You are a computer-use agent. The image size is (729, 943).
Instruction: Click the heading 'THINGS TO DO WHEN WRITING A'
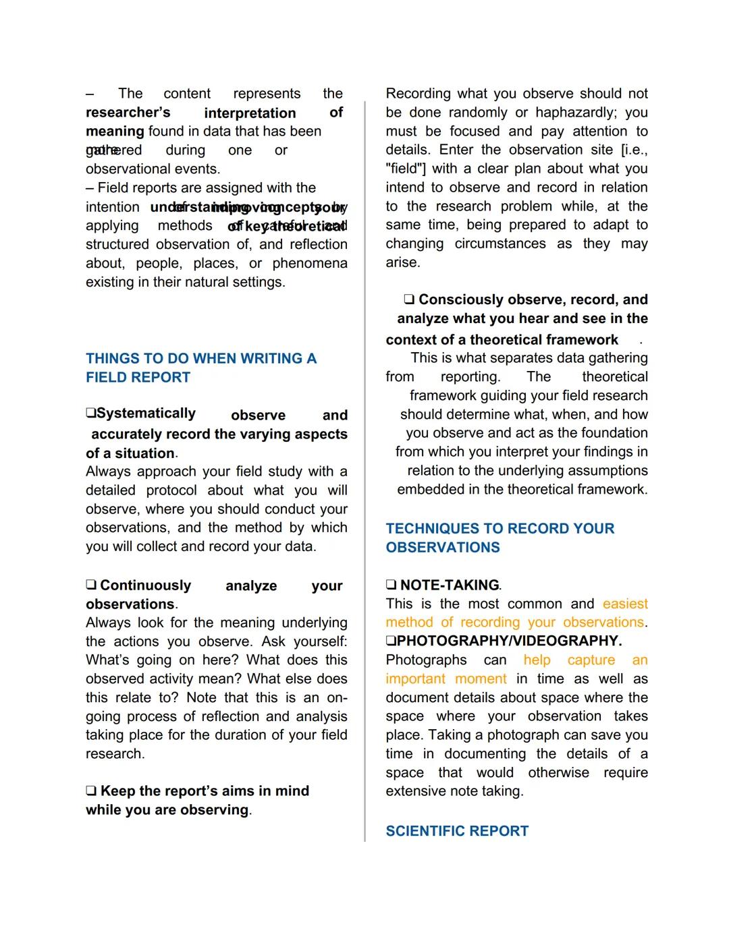[200, 358]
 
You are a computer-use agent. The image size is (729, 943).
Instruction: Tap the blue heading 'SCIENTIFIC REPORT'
[457, 831]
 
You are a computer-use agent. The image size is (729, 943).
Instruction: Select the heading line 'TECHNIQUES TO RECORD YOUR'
[500, 528]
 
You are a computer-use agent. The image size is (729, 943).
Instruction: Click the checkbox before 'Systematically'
[90, 413]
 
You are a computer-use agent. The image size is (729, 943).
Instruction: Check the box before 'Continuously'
[91, 585]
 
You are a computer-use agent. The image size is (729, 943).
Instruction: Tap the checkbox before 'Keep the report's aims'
[91, 791]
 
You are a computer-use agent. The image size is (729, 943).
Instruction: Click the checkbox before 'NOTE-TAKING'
[391, 585]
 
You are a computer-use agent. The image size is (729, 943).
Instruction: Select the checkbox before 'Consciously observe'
[409, 299]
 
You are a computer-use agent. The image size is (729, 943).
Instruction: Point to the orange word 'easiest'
[625, 604]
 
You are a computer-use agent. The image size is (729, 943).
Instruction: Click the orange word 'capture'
[591, 660]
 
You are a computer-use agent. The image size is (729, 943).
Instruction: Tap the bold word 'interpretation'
[250, 113]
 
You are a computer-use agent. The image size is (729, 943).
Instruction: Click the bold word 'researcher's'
[128, 112]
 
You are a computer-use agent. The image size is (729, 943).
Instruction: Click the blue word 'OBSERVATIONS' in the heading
[443, 547]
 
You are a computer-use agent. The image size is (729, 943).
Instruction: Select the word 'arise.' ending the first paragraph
[403, 262]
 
